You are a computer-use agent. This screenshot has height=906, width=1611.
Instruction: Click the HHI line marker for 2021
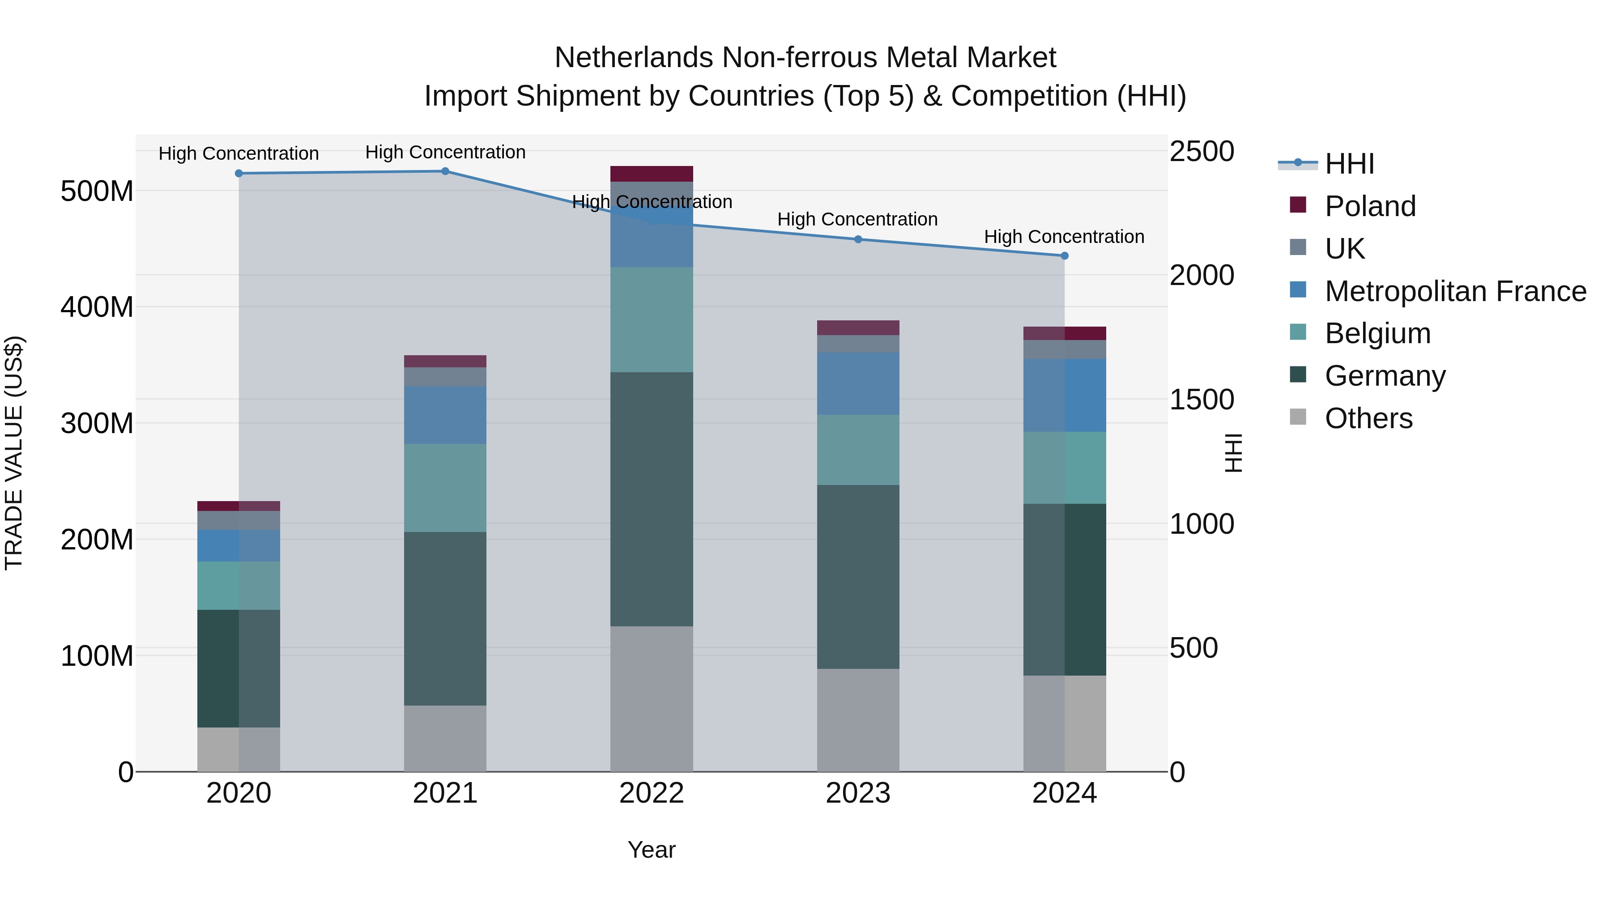[445, 171]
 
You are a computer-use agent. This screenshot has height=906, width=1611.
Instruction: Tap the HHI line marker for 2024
[1065, 256]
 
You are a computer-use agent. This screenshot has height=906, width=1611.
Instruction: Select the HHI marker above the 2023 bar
[858, 239]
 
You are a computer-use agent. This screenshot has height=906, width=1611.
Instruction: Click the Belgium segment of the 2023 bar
[858, 450]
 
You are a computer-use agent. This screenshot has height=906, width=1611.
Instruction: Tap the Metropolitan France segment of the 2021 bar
[445, 415]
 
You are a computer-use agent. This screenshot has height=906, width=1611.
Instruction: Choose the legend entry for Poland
[1370, 206]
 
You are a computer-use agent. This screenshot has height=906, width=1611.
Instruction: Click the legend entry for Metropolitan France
[1455, 291]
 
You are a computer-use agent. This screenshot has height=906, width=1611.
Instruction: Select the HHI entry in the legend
[1349, 164]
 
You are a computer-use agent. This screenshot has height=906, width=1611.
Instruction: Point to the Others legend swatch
[1298, 417]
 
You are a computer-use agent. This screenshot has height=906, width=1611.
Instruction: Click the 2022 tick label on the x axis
[652, 793]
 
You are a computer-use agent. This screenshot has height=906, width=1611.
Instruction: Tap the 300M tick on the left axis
[97, 423]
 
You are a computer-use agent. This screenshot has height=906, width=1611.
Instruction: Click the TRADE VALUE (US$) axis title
[14, 453]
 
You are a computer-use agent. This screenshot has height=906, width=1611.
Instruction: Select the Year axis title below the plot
[652, 850]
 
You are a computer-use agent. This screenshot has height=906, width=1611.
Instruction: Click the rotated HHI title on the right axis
[1233, 453]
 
